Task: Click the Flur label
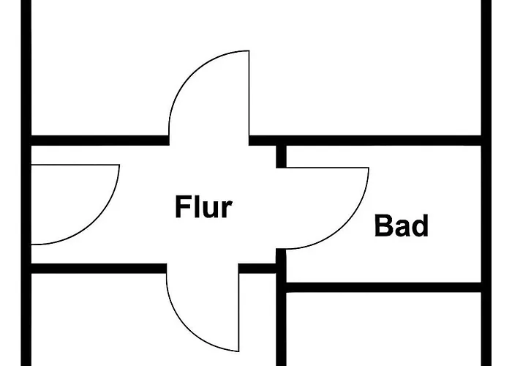pos(203,207)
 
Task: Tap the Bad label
pos(401,225)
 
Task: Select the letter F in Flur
pos(182,207)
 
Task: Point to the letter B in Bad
pos(383,225)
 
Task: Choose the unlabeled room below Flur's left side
pos(95,322)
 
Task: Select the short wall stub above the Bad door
pos(281,155)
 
